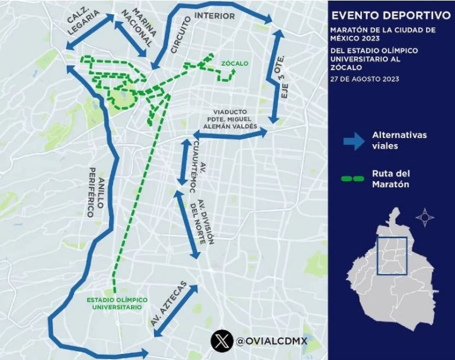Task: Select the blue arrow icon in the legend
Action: (x=354, y=140)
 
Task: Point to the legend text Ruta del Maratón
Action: (x=390, y=179)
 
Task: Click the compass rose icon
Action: (x=425, y=218)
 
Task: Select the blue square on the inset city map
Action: (x=392, y=255)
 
